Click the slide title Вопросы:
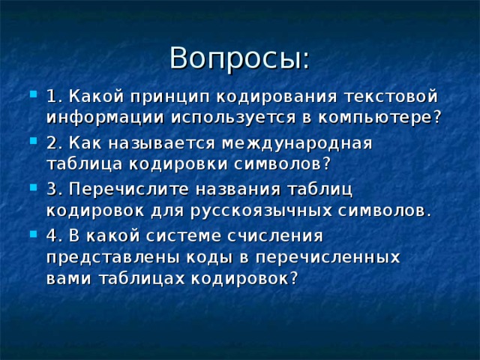point(239,58)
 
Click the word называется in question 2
point(166,142)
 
